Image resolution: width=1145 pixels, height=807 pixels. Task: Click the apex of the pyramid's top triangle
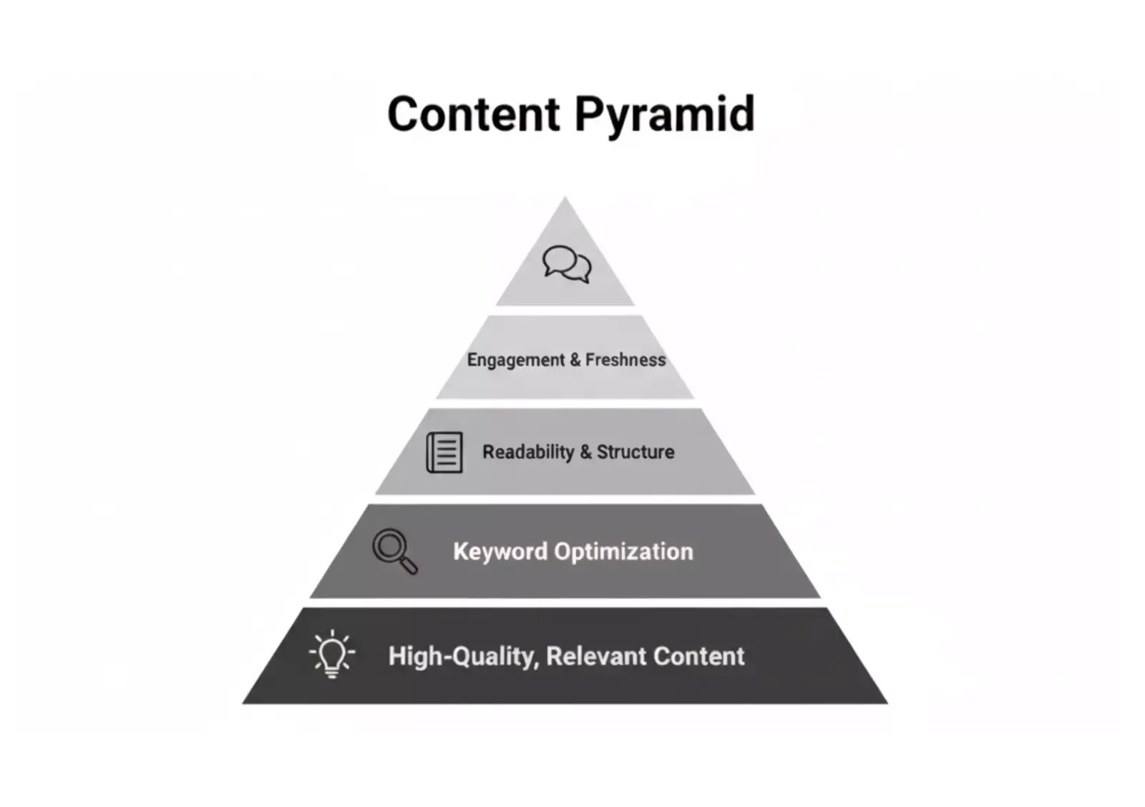coord(565,197)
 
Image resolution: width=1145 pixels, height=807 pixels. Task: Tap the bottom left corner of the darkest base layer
coord(243,703)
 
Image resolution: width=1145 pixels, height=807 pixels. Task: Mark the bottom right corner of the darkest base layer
coord(888,703)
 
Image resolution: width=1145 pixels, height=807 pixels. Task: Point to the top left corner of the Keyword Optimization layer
coord(368,504)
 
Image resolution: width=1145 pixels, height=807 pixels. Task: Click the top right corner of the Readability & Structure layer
coord(701,409)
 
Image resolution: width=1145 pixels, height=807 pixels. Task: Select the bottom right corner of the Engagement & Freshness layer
coord(693,398)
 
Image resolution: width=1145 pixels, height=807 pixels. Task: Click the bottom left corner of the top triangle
coord(496,305)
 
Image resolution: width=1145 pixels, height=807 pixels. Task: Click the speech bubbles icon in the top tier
coord(567,264)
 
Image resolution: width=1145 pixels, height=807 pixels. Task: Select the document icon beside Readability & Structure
coord(444,452)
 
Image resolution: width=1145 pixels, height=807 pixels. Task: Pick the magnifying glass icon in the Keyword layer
coord(394,551)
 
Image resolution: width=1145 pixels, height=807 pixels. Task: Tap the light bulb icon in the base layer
coord(332,654)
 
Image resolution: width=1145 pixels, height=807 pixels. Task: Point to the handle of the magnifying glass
coord(409,566)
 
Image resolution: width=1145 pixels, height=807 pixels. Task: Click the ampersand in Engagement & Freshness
coord(575,360)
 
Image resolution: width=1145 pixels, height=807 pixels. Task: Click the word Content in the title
coord(474,114)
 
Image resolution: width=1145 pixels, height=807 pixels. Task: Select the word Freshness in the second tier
coord(625,360)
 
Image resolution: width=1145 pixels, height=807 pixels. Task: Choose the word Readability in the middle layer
coord(529,452)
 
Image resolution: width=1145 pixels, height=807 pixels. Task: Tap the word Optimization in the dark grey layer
coord(623,552)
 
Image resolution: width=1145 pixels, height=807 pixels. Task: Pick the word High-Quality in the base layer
coord(464,657)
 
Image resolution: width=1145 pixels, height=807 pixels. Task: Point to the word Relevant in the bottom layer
coord(595,656)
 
